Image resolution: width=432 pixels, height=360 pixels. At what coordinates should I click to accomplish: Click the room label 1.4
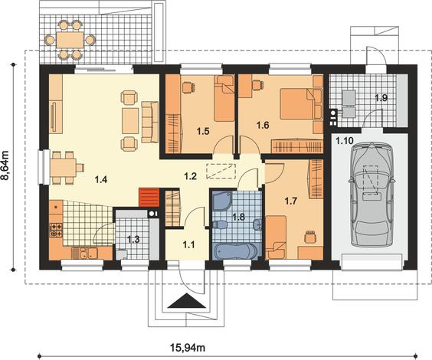click(101, 180)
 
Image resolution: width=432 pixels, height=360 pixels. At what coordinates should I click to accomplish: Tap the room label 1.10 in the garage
click(344, 141)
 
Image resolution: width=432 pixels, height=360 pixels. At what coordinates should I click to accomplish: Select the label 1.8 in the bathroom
click(238, 217)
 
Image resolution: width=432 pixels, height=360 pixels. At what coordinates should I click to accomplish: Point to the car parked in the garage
click(372, 195)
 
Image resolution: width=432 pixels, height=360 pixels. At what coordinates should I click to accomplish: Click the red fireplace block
click(149, 198)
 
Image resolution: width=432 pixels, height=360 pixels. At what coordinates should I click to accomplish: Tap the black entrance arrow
click(187, 301)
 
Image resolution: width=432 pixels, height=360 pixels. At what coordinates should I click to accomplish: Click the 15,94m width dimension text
click(188, 348)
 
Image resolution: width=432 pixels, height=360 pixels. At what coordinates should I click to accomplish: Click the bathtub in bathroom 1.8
click(236, 251)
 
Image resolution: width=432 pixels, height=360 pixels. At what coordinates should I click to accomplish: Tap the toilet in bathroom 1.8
click(220, 224)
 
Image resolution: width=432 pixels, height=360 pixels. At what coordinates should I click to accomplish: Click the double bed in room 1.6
click(296, 103)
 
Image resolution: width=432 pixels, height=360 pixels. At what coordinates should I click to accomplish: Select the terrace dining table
click(70, 40)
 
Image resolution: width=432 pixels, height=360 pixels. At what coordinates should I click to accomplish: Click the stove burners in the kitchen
click(56, 231)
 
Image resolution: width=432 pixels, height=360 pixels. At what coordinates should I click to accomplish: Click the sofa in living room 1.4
click(150, 122)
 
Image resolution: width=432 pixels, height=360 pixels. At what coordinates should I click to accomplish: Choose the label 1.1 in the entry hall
click(189, 244)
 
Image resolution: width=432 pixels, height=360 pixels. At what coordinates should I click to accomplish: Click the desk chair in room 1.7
click(310, 237)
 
